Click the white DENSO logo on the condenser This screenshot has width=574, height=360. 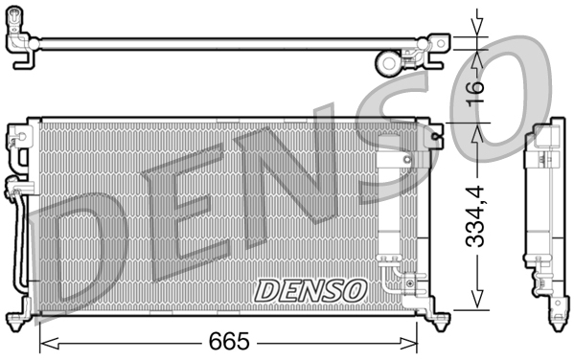coord(309,289)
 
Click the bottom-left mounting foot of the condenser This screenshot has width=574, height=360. coord(20,318)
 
